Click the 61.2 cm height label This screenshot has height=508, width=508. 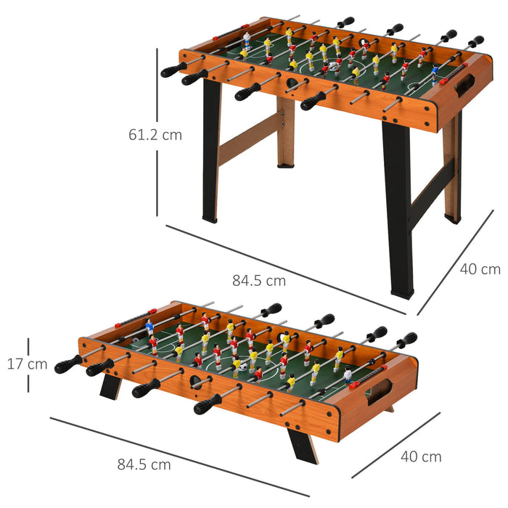point(155,134)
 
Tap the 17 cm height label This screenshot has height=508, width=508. point(28,364)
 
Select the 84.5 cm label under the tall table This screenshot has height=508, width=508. point(259,279)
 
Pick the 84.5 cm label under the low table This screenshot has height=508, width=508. point(144,464)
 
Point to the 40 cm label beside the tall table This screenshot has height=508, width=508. point(480,269)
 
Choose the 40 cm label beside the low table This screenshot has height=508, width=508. point(421,456)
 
